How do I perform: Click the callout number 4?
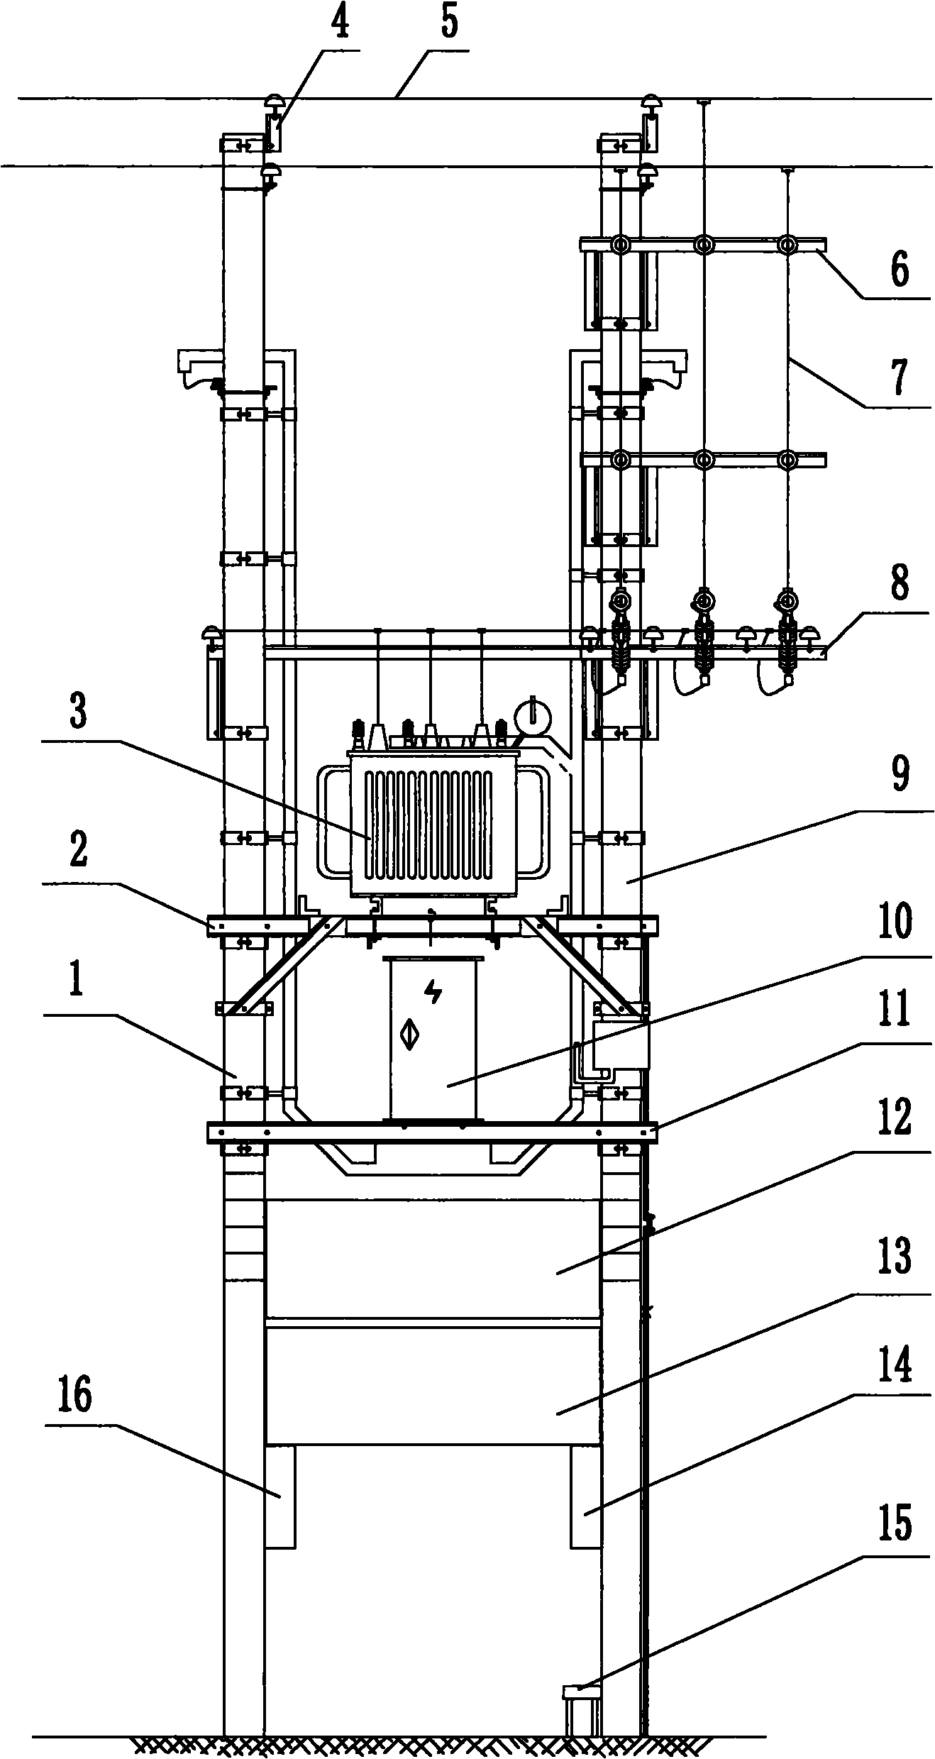click(341, 23)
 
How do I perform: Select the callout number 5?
click(449, 23)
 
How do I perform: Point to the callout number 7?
click(899, 377)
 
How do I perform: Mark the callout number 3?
click(78, 713)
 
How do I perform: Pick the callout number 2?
click(78, 852)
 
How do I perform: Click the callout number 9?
click(899, 777)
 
